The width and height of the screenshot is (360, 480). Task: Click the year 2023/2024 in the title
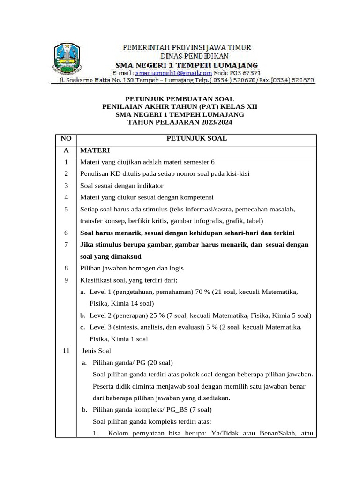(213, 122)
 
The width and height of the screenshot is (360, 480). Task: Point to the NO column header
(66, 139)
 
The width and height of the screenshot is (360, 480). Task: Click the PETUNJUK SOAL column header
(197, 139)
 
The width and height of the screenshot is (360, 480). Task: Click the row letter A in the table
(66, 150)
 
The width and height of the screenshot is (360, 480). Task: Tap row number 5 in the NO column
(66, 209)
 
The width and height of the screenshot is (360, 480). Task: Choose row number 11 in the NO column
(66, 351)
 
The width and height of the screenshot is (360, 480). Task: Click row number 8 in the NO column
(66, 268)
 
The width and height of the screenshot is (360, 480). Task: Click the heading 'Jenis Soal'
(97, 351)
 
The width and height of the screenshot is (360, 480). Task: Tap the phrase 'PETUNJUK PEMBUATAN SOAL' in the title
(180, 99)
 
